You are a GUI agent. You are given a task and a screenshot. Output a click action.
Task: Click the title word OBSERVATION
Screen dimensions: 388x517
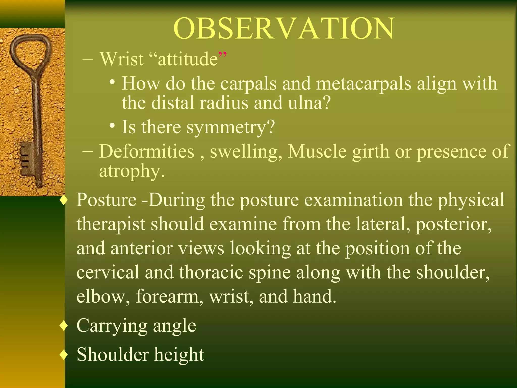coord(284,28)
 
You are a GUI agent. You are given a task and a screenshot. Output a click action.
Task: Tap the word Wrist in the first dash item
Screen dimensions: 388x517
coord(122,59)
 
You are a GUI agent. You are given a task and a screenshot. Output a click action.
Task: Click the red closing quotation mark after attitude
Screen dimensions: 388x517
coord(222,55)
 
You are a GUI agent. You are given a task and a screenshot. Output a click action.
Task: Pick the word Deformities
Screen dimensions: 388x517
coord(147,152)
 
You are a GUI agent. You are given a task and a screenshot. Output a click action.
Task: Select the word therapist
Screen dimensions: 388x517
coord(111,224)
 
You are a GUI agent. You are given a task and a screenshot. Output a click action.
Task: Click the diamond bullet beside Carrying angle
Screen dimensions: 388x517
coord(64,326)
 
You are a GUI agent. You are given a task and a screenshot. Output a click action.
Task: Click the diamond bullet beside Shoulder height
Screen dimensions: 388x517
coord(64,355)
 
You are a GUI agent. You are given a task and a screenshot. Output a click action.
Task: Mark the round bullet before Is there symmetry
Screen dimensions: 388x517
coord(113,126)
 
